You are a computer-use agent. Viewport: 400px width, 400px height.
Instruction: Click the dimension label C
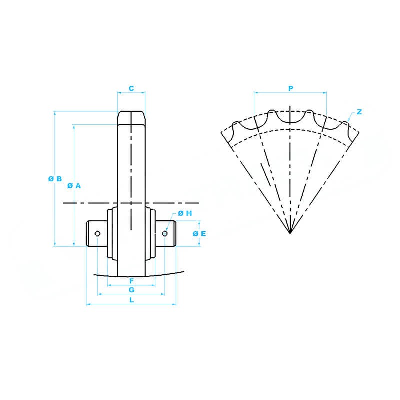[131, 88]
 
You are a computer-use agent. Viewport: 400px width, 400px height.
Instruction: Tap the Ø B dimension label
[55, 179]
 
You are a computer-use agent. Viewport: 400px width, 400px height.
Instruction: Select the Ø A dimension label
[74, 186]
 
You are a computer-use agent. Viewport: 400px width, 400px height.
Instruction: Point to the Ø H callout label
[185, 213]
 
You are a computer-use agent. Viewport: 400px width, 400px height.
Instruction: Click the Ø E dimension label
[199, 233]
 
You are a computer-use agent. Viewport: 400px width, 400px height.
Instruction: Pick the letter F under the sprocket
[131, 281]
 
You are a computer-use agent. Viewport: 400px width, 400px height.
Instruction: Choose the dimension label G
[131, 290]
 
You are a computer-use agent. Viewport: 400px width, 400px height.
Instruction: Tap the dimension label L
[131, 300]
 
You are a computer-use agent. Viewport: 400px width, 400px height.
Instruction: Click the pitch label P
[291, 88]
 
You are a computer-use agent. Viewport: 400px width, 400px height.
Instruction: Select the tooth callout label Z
[359, 112]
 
